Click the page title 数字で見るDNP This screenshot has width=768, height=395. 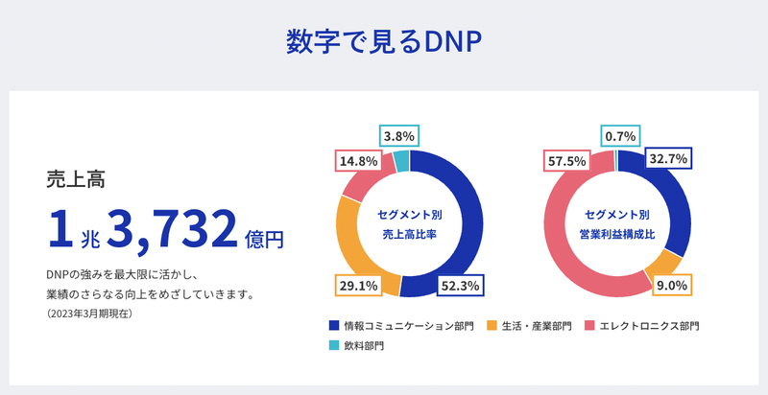point(383,42)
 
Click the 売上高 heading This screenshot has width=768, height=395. point(76,178)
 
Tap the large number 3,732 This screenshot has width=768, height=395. point(172,227)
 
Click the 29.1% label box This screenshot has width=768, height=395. point(356,285)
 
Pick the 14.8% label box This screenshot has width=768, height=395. point(356,161)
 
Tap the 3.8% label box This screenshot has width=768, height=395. point(398,136)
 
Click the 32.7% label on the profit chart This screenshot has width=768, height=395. point(668,159)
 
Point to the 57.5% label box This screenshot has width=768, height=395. point(566,161)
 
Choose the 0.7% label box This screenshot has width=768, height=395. point(619,136)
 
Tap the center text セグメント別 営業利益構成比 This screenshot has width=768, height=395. point(617,223)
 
